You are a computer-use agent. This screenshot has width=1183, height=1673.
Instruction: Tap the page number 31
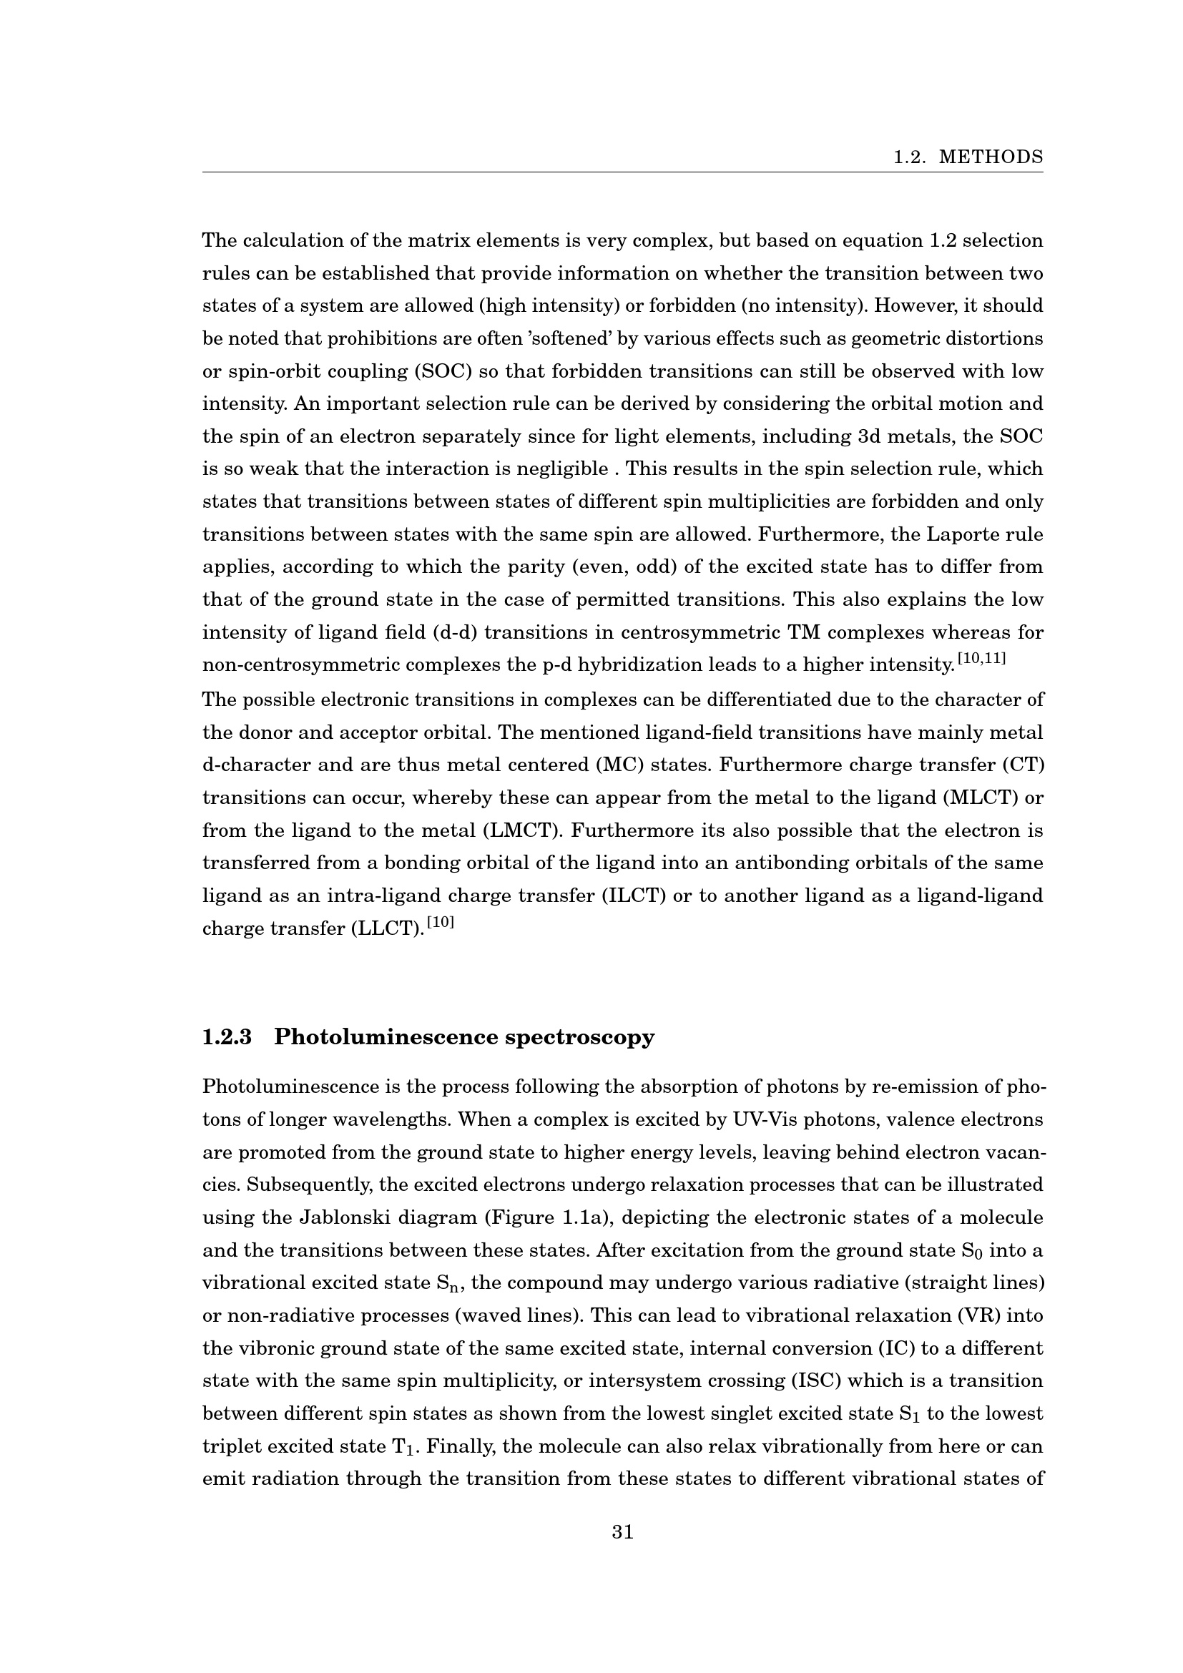pyautogui.click(x=623, y=1532)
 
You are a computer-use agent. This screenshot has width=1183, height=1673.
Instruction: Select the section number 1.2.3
pyautogui.click(x=227, y=1037)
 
